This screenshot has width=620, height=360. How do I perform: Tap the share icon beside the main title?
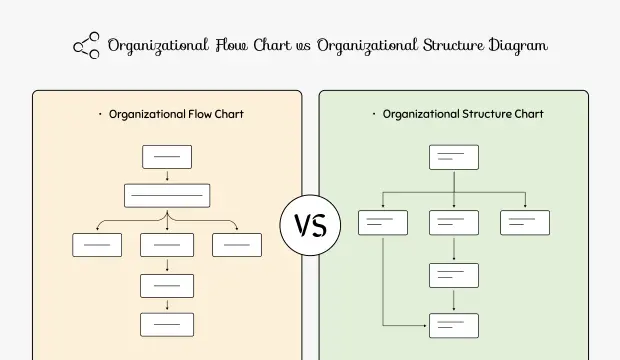tap(86, 46)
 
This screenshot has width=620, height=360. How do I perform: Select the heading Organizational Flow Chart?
tap(175, 114)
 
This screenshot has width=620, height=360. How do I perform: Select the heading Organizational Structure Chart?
tap(463, 114)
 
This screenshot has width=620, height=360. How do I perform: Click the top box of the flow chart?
tap(167, 157)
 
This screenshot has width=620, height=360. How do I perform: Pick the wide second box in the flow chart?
tap(167, 194)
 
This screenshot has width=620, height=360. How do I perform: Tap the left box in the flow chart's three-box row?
tap(97, 244)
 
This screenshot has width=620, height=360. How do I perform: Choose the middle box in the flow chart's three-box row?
tap(167, 244)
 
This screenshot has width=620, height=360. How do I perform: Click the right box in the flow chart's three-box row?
tap(237, 244)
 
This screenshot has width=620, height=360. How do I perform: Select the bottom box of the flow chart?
tap(167, 324)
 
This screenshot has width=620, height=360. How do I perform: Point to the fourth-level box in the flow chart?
tap(167, 285)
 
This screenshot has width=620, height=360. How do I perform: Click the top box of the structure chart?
tap(454, 157)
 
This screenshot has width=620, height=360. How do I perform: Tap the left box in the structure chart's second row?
tap(383, 223)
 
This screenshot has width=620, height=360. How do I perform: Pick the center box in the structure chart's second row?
tap(454, 223)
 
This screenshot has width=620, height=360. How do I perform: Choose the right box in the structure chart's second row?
tap(525, 223)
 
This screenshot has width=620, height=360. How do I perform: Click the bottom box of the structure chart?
tap(454, 325)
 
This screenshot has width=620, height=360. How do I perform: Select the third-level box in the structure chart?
tap(454, 275)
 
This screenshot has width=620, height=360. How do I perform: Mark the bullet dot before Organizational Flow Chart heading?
tap(100, 114)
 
